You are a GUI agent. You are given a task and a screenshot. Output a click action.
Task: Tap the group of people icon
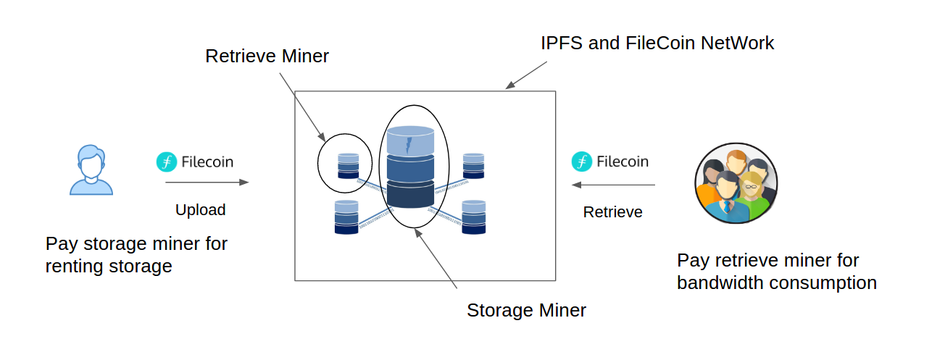click(736, 183)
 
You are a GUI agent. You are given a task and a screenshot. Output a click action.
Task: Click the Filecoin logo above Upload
click(167, 162)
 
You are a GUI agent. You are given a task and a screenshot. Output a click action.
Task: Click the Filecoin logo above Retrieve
click(582, 162)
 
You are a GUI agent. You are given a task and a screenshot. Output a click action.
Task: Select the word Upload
click(201, 210)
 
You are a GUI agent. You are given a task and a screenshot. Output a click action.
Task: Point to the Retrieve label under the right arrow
click(612, 212)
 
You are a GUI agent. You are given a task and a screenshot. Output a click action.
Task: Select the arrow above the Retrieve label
click(613, 185)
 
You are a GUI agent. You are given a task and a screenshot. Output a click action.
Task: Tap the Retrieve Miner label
click(267, 56)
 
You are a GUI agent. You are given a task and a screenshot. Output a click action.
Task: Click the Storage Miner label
click(526, 311)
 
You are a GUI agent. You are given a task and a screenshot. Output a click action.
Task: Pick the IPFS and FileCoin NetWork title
click(657, 43)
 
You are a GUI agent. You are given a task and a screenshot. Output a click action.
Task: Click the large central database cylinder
click(410, 167)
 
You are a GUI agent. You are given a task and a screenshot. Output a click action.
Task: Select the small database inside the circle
click(348, 166)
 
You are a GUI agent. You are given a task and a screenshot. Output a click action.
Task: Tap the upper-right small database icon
click(473, 166)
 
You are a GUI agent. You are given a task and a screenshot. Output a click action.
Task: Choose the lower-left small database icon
click(346, 217)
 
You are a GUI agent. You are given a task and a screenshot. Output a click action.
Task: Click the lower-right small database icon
click(473, 217)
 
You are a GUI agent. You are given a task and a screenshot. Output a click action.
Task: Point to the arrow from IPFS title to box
click(526, 75)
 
